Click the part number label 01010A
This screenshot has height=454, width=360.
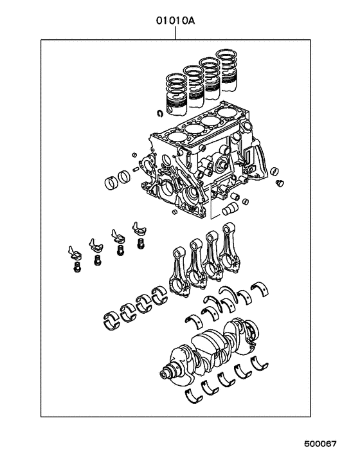175,20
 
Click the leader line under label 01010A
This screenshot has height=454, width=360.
175,33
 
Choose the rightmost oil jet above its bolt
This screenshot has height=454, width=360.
138,232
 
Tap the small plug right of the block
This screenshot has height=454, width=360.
279,185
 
